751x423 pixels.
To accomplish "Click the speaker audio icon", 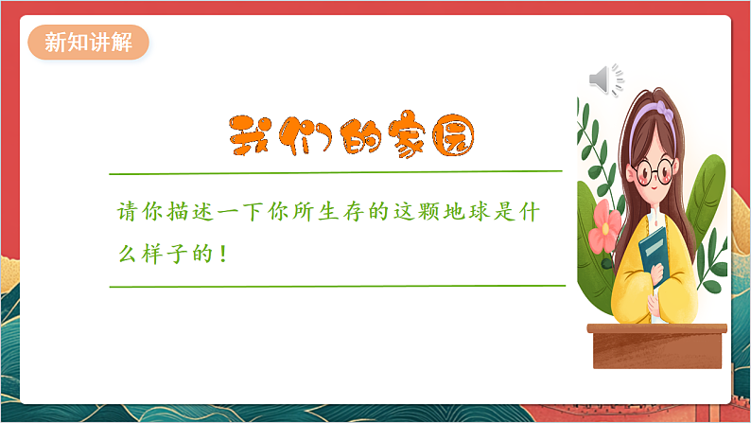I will click(x=605, y=80).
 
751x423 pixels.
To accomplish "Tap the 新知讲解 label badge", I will click(x=88, y=43).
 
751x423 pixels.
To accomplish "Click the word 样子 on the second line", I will click(x=169, y=255).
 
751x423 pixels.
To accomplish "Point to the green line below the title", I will click(x=336, y=172).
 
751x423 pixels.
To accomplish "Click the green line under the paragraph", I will click(x=336, y=285).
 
